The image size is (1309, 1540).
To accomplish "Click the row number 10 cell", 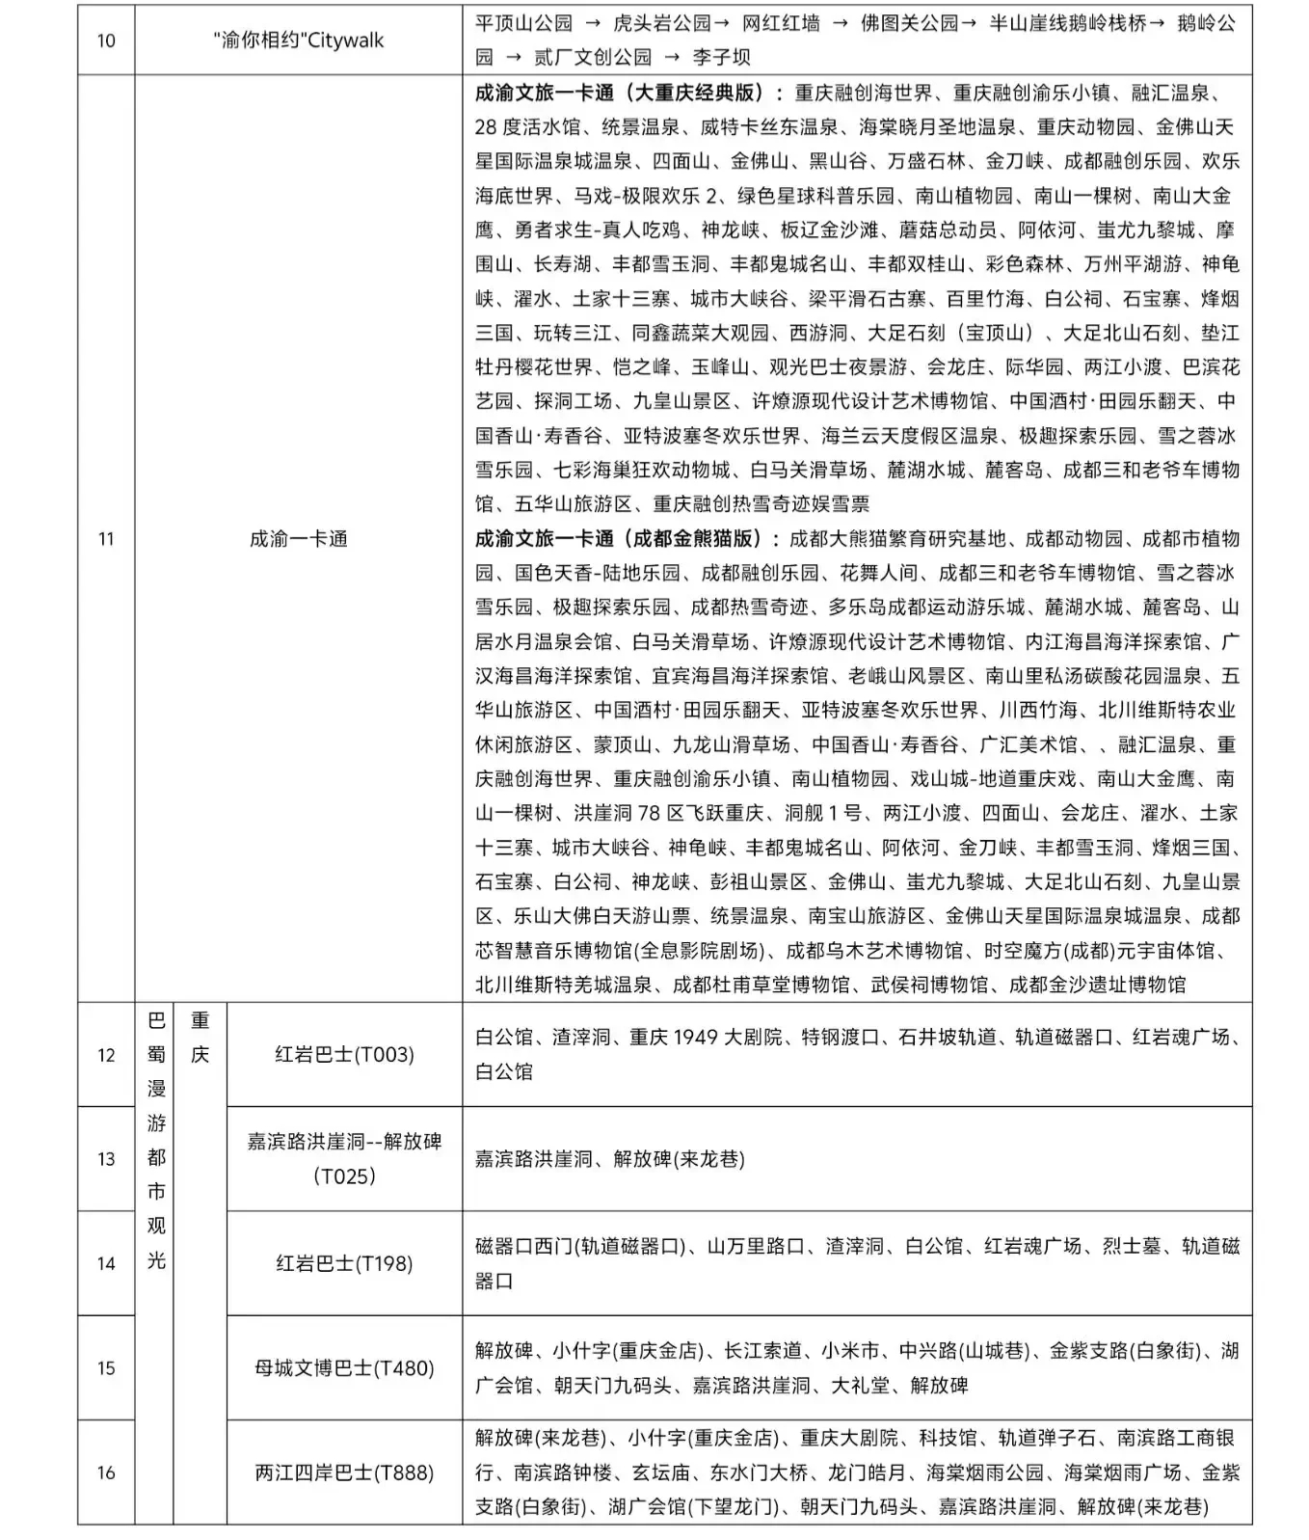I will (106, 41).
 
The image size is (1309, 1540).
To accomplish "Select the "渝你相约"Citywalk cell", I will (298, 41).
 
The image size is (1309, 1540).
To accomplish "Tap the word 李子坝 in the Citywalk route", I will (721, 57).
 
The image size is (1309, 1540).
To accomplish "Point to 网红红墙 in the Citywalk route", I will (781, 23).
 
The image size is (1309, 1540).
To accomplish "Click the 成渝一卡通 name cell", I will (298, 539).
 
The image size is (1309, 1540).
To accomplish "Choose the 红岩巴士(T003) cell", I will (344, 1054).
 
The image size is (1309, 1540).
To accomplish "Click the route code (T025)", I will (344, 1175).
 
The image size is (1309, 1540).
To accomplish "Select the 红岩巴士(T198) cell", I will (344, 1263).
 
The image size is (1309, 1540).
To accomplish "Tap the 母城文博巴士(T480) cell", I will (344, 1367).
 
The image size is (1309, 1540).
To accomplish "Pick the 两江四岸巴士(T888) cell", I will (344, 1472).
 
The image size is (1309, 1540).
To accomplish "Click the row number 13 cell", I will (106, 1158).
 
